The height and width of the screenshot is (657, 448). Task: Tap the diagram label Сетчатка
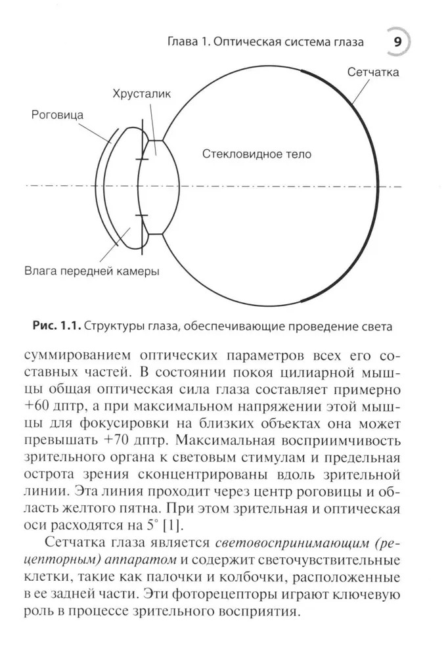373,72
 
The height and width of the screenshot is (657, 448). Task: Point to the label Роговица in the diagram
58,115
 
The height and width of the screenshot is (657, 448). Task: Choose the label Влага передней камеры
91,270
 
